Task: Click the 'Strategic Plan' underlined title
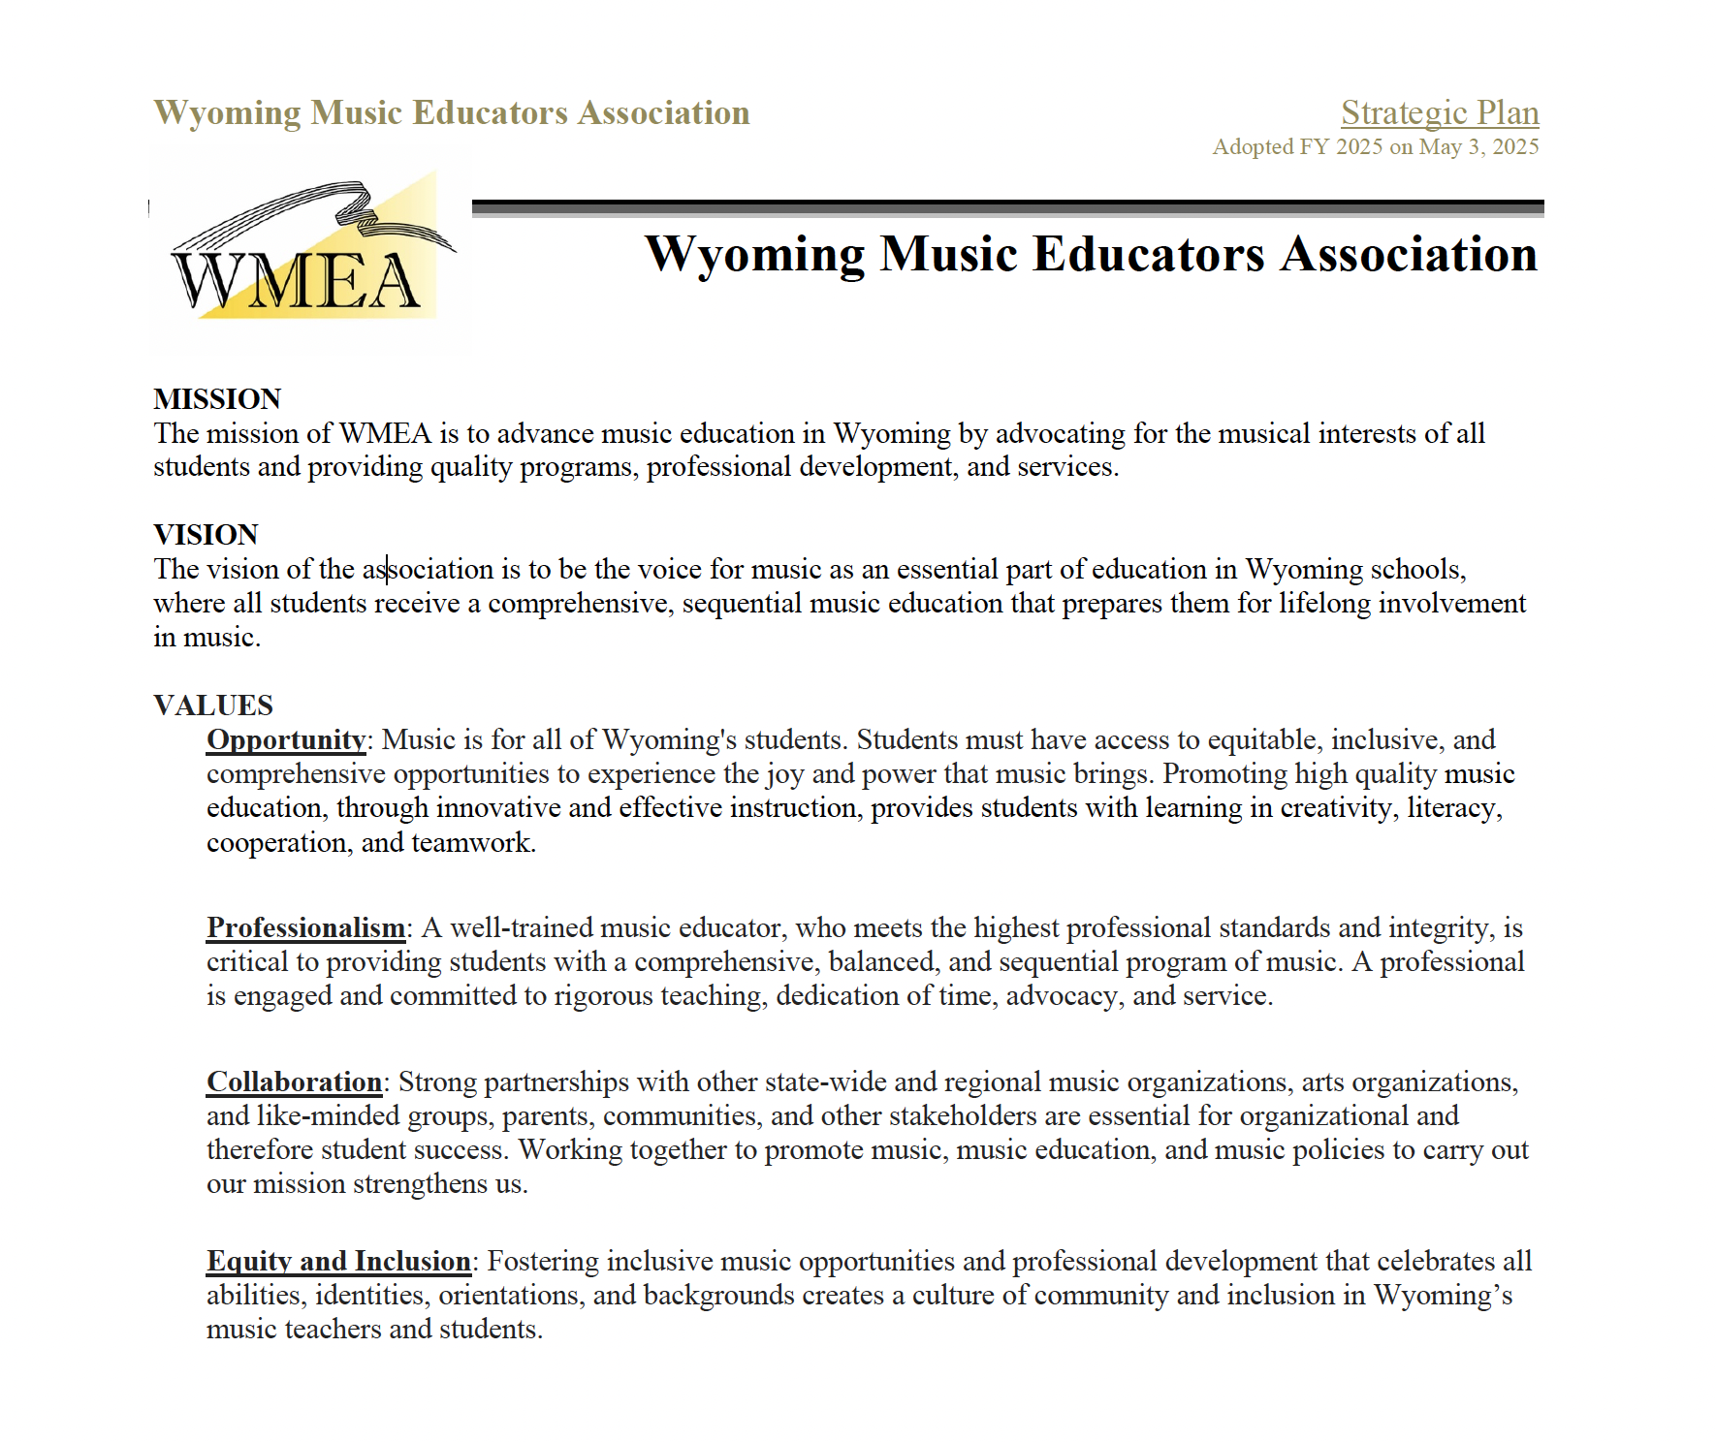coord(1440,113)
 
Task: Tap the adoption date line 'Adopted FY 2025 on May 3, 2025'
coord(1375,147)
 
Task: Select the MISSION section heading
coord(217,399)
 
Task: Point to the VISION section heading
coord(206,535)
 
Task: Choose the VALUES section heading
coord(213,705)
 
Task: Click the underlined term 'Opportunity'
coord(286,740)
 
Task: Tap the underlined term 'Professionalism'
coord(305,928)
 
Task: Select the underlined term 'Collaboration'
coord(294,1082)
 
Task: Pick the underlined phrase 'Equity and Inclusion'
coord(338,1262)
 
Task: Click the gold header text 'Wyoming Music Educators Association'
coord(452,113)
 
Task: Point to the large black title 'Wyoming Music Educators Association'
coord(1091,255)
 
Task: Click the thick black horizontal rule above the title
coord(1007,206)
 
